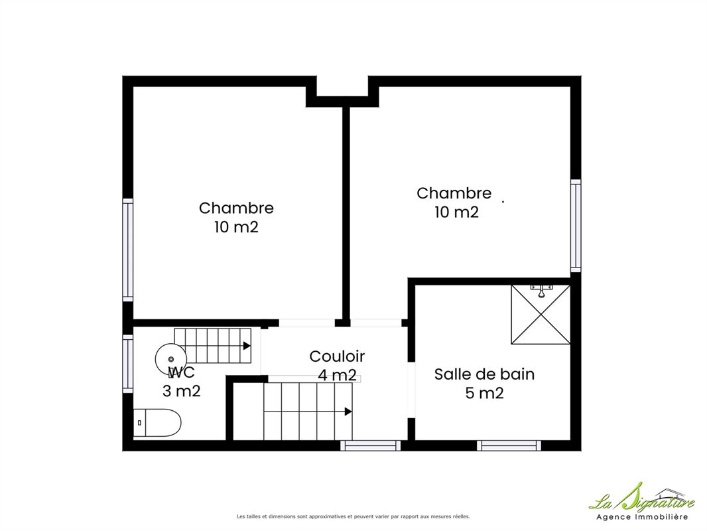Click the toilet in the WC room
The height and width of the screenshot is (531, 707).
click(x=157, y=423)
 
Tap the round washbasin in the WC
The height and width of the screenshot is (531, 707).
click(x=170, y=358)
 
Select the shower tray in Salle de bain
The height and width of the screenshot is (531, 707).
click(x=540, y=314)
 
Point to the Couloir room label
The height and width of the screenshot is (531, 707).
click(x=337, y=356)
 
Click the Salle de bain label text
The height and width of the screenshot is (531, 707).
click(x=484, y=374)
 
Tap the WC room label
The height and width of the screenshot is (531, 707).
click(x=181, y=372)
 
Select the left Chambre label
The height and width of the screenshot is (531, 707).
click(x=236, y=208)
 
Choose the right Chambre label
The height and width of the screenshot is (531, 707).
click(x=454, y=193)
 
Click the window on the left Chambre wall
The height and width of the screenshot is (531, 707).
click(x=128, y=250)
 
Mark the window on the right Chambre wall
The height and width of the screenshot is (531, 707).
click(x=575, y=226)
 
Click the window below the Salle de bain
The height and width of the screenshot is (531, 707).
click(x=509, y=445)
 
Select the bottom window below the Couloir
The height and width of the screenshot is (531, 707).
click(x=370, y=445)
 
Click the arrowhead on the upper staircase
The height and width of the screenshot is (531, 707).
click(x=247, y=346)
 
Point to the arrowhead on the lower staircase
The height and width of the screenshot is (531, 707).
click(x=348, y=412)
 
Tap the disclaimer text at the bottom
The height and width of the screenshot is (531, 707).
click(x=353, y=516)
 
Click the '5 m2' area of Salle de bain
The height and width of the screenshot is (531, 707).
click(x=484, y=393)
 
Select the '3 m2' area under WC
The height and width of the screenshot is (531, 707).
click(x=181, y=391)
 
